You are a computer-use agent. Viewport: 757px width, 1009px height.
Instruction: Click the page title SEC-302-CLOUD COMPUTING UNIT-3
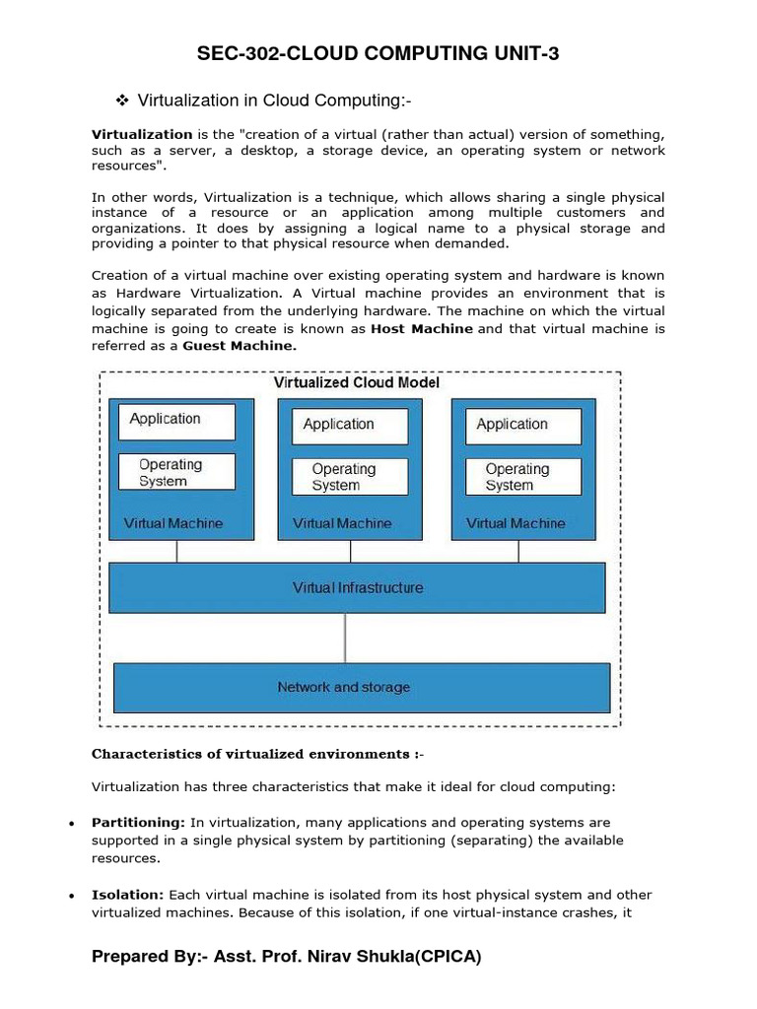[378, 54]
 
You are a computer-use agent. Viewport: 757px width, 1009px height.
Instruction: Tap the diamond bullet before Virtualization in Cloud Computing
[123, 101]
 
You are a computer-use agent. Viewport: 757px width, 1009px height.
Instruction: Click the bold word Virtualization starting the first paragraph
[142, 134]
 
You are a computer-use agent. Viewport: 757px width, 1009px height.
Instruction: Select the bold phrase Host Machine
[421, 328]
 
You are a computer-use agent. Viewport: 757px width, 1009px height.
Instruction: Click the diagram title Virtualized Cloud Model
[357, 382]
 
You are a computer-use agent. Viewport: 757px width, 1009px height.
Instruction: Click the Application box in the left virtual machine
[176, 420]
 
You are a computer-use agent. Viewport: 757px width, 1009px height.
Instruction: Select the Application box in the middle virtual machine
[350, 425]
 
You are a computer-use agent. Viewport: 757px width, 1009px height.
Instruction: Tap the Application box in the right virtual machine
[523, 425]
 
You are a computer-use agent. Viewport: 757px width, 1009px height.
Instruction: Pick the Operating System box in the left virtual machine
[176, 472]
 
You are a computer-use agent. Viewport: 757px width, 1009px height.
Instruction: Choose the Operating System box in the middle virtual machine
[350, 477]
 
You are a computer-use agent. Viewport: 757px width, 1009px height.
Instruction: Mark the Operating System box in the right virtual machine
[523, 477]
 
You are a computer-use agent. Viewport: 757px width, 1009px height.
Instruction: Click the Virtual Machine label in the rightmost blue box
[516, 523]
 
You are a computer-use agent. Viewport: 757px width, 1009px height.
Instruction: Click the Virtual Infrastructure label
[358, 587]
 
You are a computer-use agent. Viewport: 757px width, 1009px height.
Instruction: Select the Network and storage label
[344, 687]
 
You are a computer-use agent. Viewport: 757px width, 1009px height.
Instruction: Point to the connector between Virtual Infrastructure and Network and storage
[344, 638]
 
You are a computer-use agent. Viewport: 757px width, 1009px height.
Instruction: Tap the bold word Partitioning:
[138, 822]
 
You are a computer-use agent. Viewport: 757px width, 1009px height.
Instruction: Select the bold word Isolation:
[128, 895]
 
